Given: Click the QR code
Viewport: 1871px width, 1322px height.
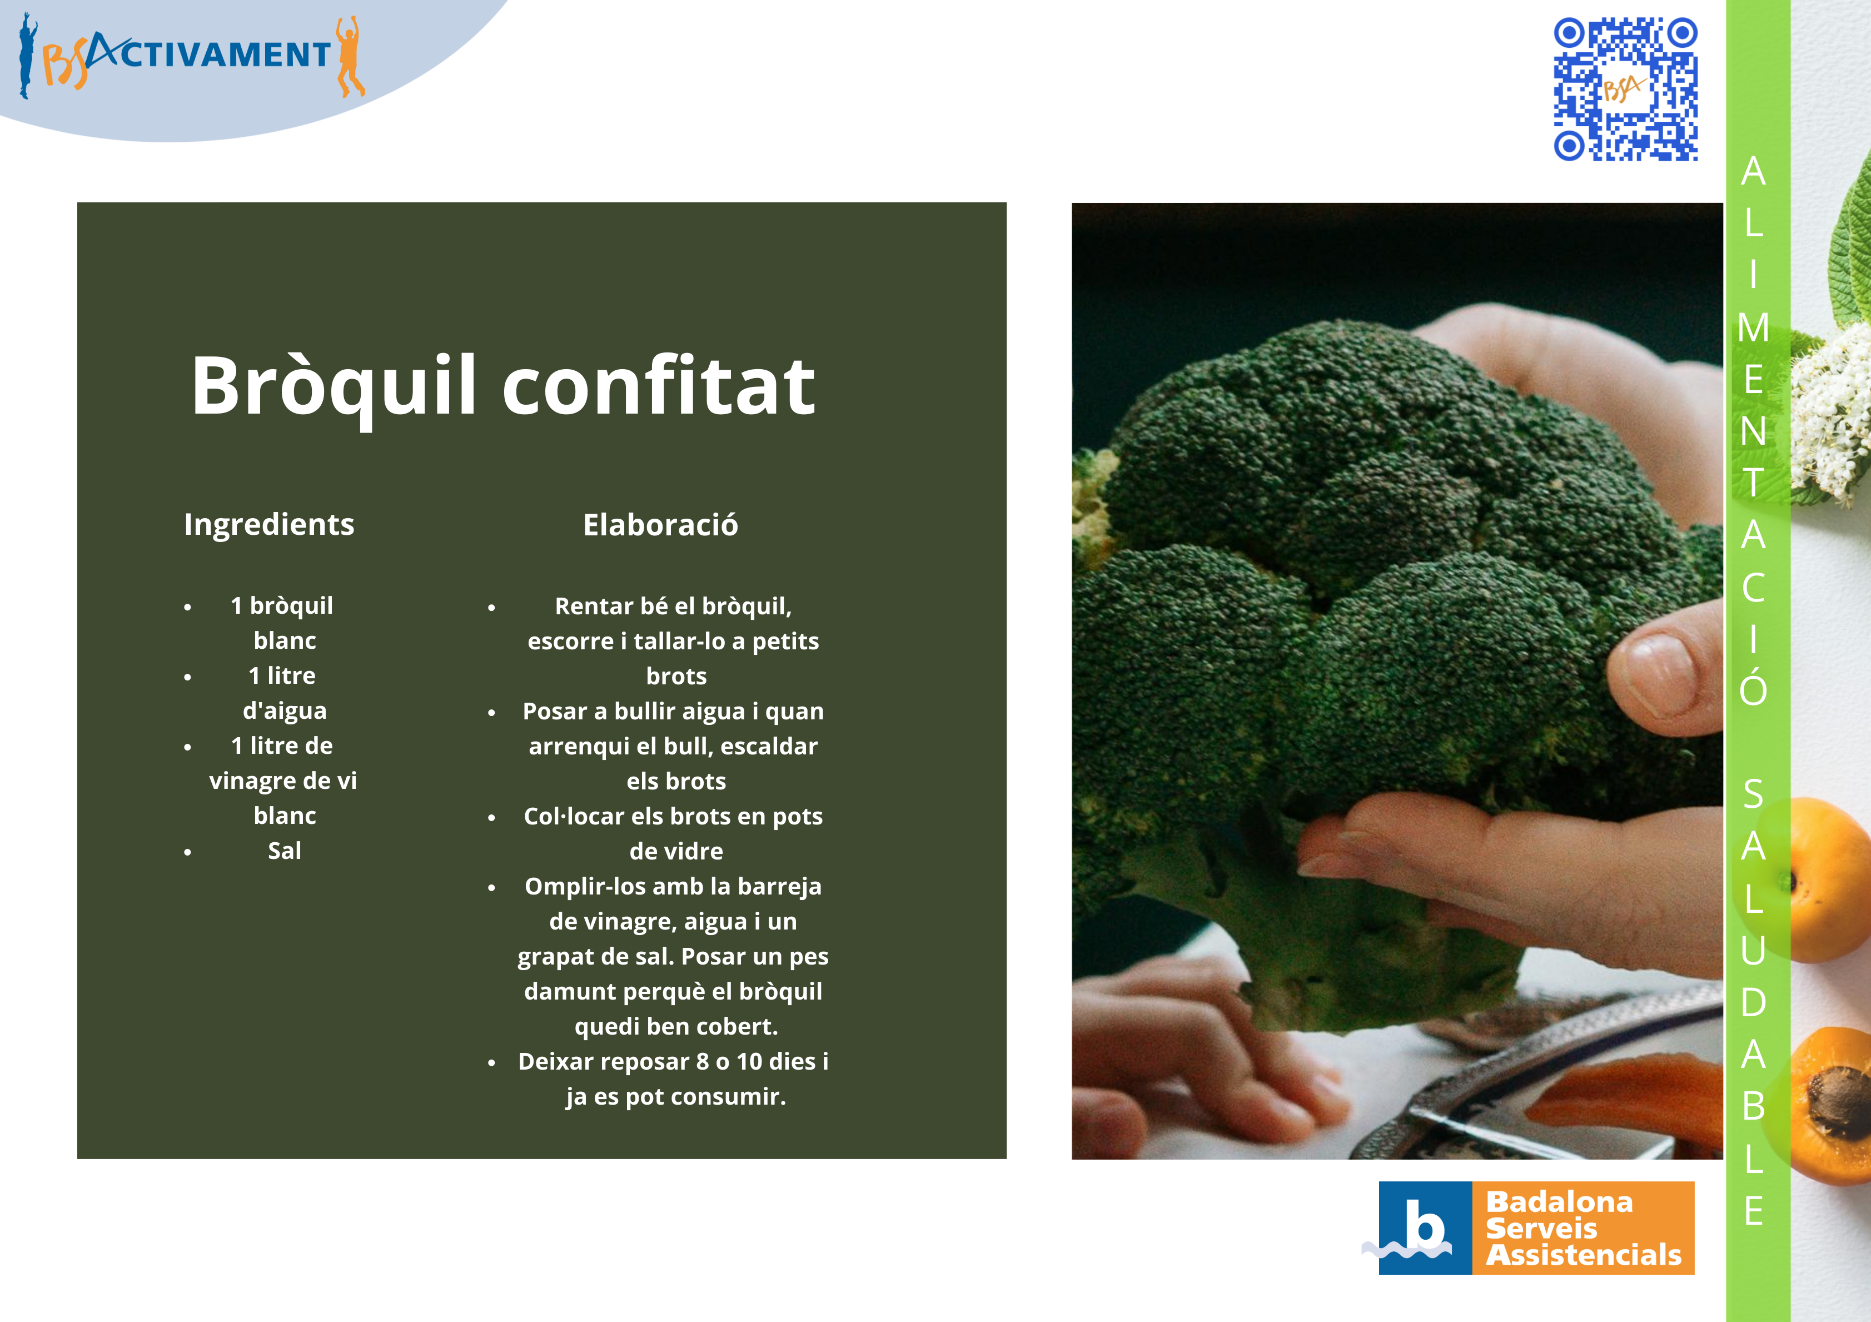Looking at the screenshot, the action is point(1626,89).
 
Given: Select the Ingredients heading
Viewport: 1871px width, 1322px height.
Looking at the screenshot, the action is point(269,524).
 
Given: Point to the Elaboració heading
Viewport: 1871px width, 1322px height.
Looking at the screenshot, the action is point(660,525).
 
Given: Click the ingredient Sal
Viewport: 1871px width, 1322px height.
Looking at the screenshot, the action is point(285,851).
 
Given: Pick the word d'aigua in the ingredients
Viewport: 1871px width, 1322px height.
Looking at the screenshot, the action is point(285,710).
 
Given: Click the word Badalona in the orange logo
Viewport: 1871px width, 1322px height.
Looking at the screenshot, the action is point(1559,1202).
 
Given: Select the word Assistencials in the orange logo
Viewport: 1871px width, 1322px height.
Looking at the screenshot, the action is point(1583,1255).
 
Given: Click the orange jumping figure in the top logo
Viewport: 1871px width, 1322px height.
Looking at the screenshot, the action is point(350,56).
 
